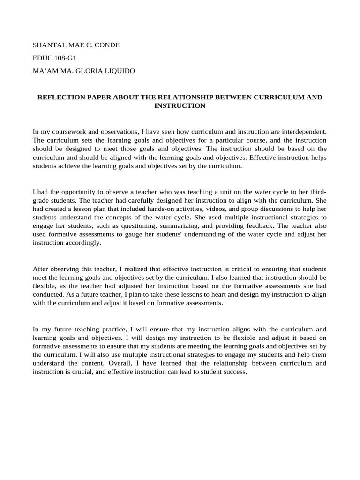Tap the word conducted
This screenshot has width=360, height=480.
tap(47, 294)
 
